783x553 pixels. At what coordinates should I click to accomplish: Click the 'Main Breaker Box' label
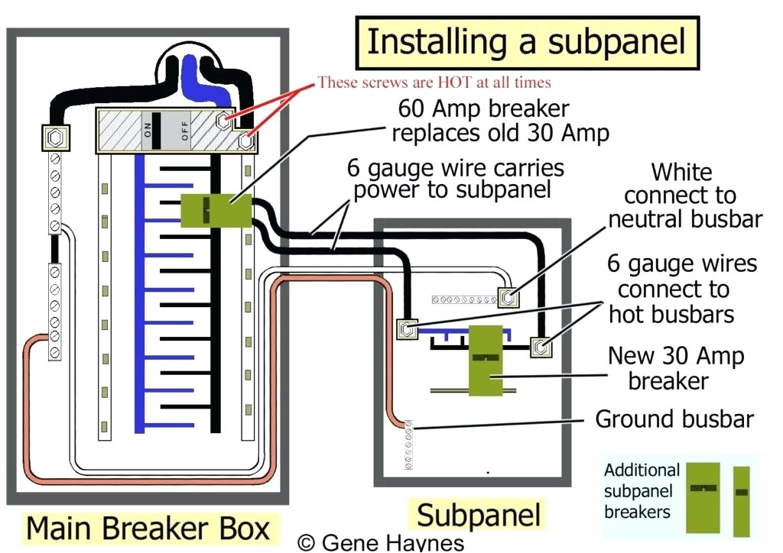tap(148, 529)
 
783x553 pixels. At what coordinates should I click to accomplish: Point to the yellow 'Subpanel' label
tap(478, 515)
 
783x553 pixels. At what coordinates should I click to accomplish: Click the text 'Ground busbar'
tap(674, 419)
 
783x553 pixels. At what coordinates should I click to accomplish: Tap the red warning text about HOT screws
tap(434, 82)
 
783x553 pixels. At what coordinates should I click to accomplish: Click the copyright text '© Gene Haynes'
tap(380, 543)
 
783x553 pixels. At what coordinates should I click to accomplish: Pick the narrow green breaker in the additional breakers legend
tap(741, 500)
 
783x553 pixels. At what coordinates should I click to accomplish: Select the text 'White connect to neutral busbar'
tap(684, 196)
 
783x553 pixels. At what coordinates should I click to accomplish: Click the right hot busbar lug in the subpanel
tap(541, 347)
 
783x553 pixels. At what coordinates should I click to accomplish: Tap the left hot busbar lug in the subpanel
tap(405, 329)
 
